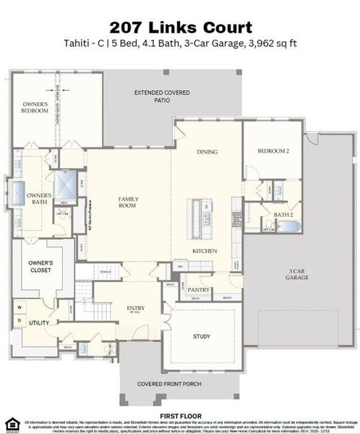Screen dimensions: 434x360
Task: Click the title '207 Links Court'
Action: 180,27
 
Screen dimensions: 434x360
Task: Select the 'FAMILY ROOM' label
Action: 128,202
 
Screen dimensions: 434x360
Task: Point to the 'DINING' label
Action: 207,152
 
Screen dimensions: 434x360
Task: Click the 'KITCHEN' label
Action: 201,251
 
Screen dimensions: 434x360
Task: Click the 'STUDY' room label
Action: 200,336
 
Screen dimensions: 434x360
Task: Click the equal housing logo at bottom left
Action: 10,424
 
